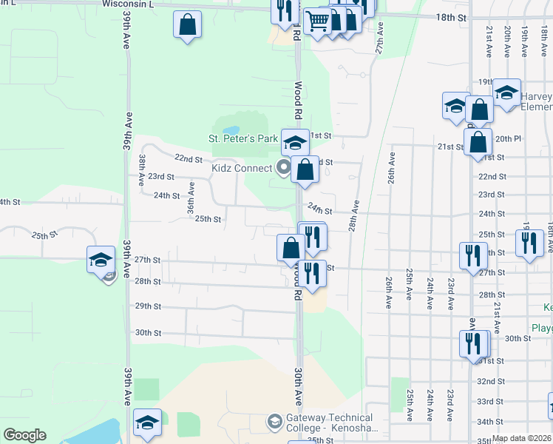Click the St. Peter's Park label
[x=242, y=138]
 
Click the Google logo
[x=24, y=435]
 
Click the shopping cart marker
[x=317, y=21]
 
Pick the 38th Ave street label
[x=141, y=170]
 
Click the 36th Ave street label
[x=191, y=201]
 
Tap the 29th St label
[x=148, y=306]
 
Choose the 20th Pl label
[x=508, y=138]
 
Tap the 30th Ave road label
[x=297, y=387]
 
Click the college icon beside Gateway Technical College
[x=275, y=422]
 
